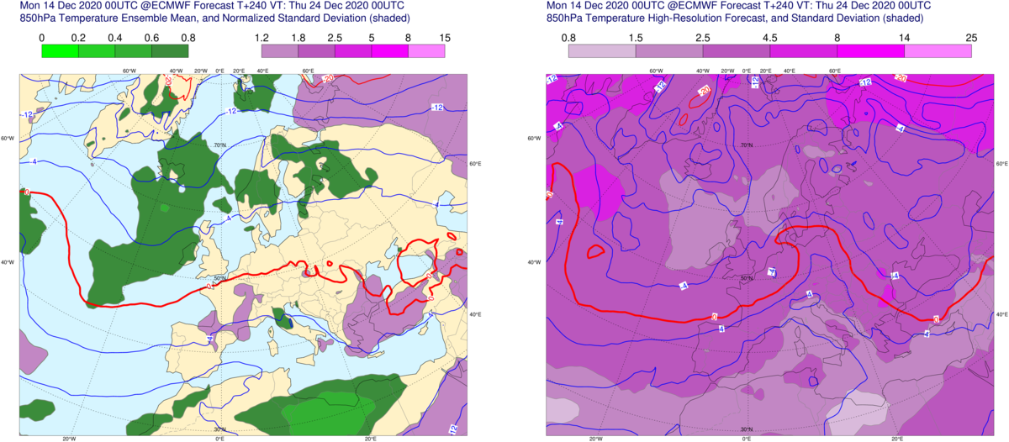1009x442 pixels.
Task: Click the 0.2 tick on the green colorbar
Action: [x=78, y=37]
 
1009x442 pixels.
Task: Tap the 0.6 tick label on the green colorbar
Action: [x=152, y=37]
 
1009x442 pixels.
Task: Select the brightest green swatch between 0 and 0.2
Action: [x=60, y=50]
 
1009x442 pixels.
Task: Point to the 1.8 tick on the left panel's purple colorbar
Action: [x=298, y=37]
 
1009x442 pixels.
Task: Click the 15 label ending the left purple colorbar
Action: [x=445, y=37]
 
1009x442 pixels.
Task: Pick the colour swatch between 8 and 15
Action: [x=426, y=50]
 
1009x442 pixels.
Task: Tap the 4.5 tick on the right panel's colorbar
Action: [x=770, y=37]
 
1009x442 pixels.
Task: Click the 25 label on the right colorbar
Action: [x=971, y=37]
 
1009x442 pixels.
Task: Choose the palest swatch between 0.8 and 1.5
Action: [x=601, y=50]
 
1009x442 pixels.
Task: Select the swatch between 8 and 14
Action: [x=870, y=50]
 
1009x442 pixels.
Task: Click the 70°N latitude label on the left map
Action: [x=222, y=146]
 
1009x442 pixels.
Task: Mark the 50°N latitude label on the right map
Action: [x=746, y=278]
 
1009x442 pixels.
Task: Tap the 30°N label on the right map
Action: [x=747, y=429]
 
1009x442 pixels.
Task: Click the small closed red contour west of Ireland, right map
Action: [x=595, y=251]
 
